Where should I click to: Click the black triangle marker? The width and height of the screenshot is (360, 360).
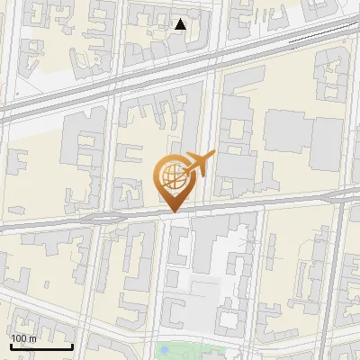181,24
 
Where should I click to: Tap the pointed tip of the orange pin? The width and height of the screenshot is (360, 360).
174,212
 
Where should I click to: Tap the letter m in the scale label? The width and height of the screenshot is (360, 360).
32,337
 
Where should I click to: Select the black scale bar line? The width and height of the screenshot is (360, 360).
41,346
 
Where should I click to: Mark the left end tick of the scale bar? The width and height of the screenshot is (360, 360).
11,345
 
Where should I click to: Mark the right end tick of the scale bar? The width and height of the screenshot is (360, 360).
72,345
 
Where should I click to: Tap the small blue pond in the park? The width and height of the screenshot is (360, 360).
163,348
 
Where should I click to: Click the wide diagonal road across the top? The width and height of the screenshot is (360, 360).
135,80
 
